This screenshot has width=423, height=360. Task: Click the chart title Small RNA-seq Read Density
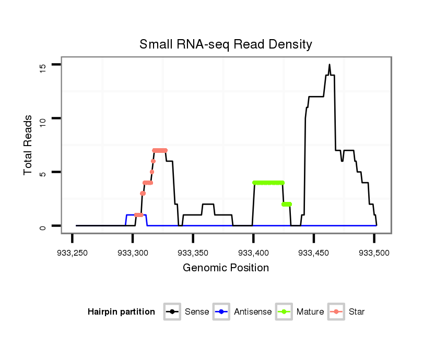coord(226,44)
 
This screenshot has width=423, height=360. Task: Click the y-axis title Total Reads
coord(28,145)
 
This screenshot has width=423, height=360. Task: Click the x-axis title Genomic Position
coord(226,268)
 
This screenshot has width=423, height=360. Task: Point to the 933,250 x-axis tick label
coord(72,253)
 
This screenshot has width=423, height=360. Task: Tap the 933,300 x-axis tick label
coord(133,253)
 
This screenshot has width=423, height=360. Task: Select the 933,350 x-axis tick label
coord(193,253)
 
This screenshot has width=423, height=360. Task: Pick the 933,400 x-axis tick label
coord(253,253)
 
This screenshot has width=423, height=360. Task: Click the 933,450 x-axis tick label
coord(314,253)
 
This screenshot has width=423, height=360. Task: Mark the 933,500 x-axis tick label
coord(374,253)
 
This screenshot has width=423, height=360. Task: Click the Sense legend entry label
coord(197,312)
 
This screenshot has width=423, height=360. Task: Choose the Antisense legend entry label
coord(253,312)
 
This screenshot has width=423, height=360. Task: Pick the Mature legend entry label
coord(310,312)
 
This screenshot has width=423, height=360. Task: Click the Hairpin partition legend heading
coord(121,312)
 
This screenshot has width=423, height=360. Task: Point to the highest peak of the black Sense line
coord(330,65)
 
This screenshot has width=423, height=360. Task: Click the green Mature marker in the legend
coord(284,312)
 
